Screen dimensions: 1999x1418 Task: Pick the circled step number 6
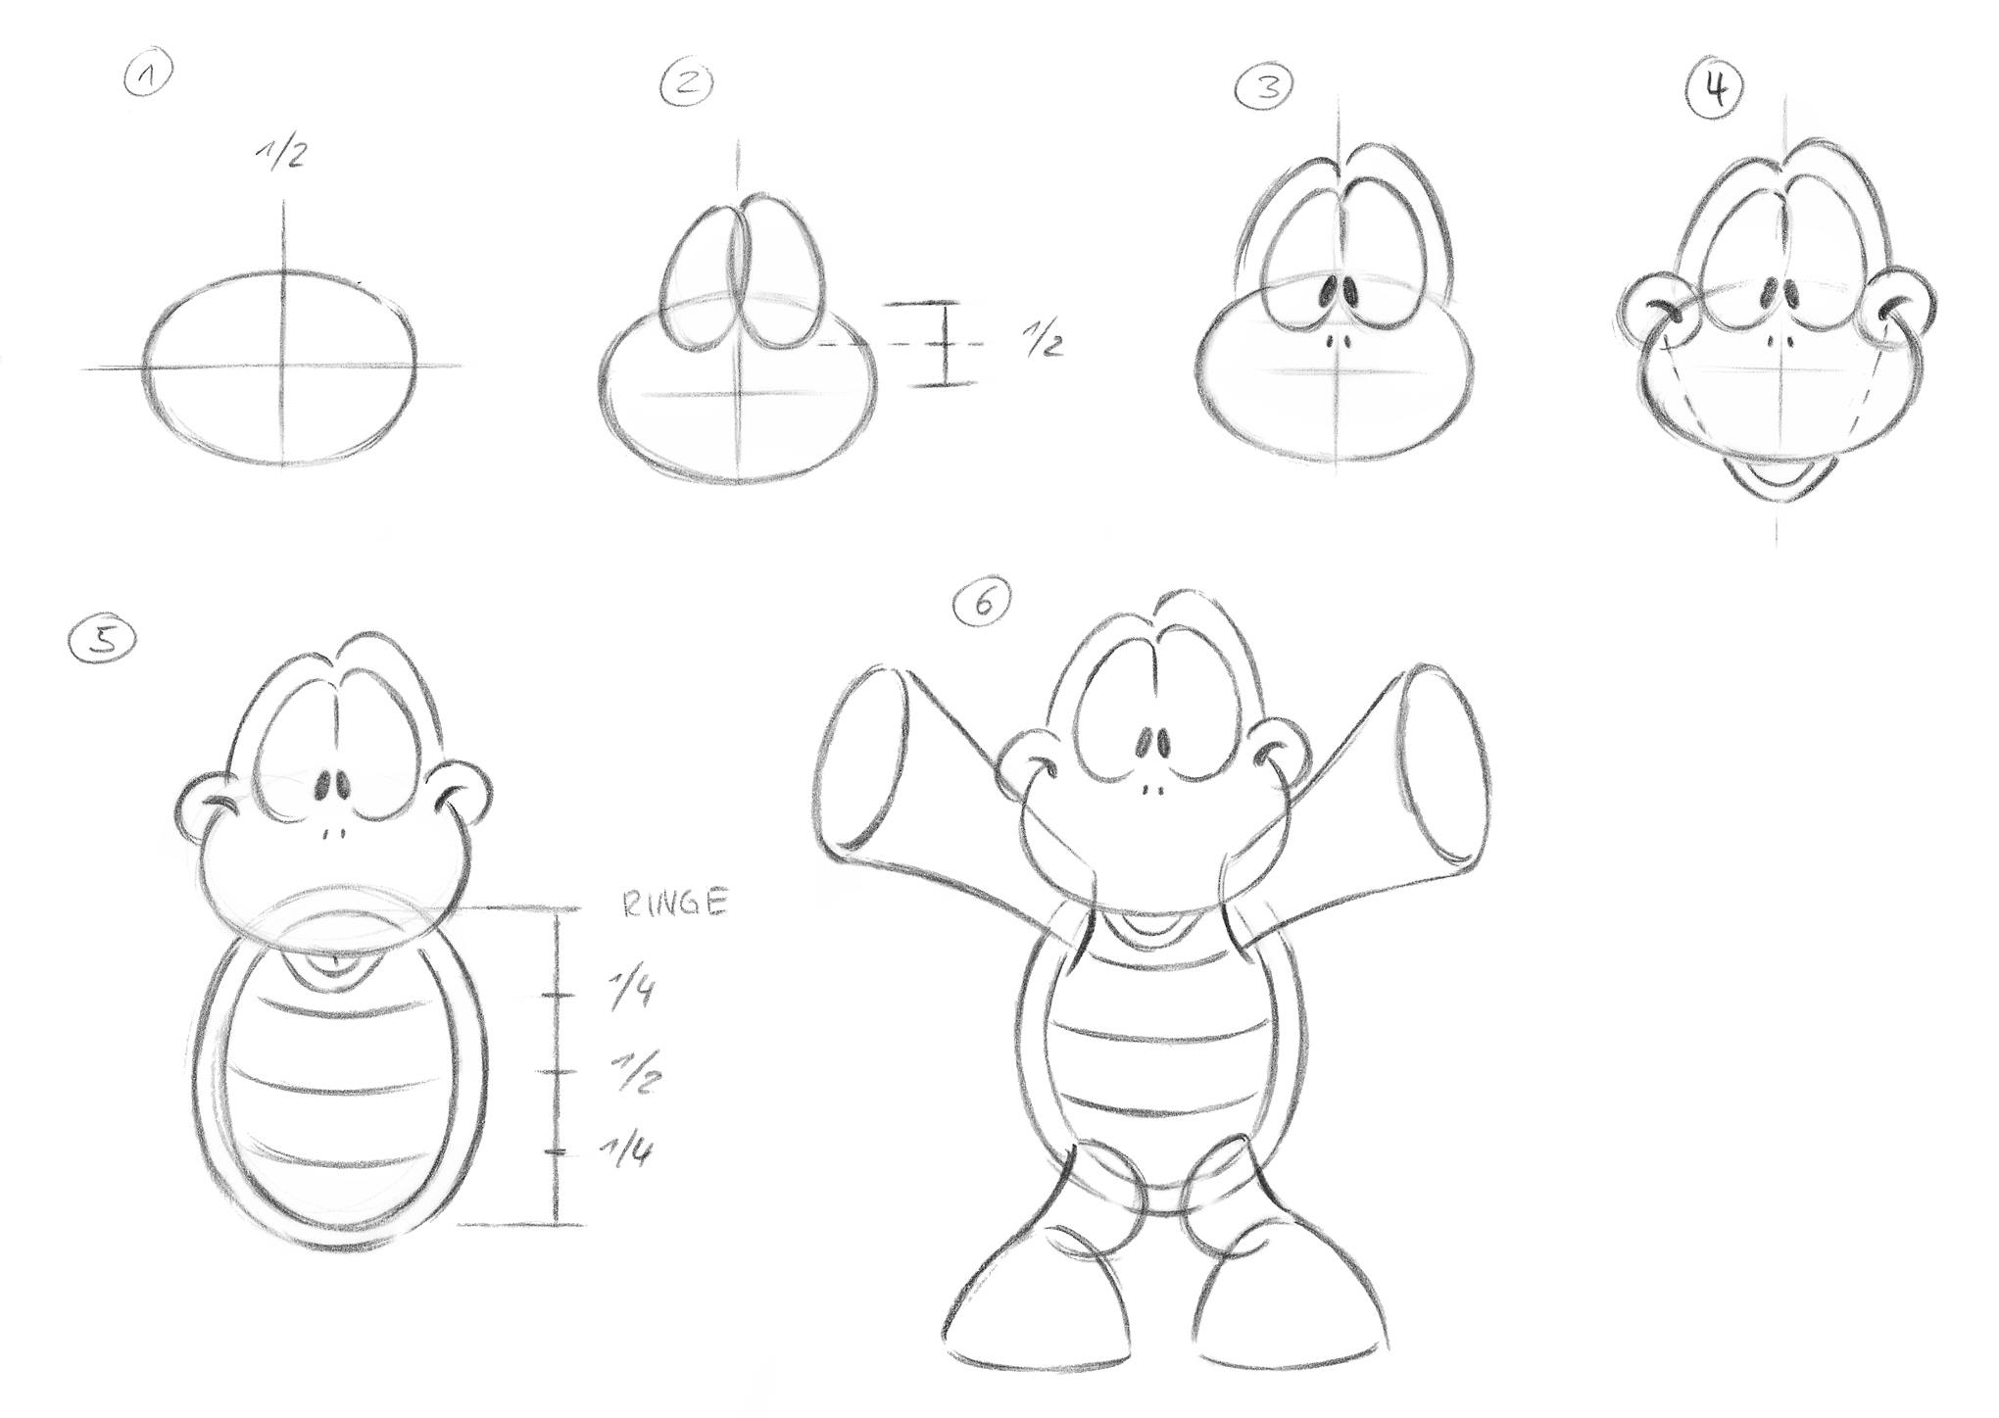pos(983,604)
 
